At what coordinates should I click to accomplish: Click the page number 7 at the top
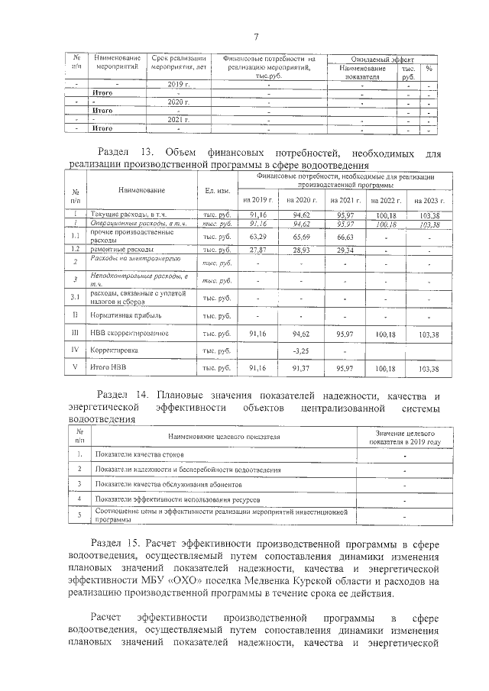(x=257, y=37)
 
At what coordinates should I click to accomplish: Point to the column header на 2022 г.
(x=385, y=200)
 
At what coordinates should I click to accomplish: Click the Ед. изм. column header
(x=215, y=190)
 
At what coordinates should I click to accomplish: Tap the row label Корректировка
(x=115, y=351)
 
